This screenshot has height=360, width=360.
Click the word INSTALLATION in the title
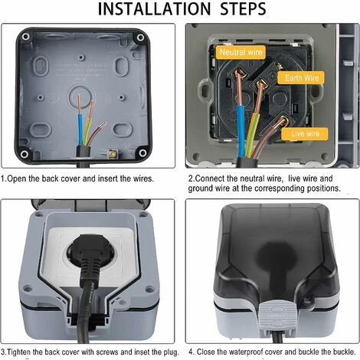pyautogui.click(x=154, y=9)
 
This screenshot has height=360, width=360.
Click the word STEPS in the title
pyautogui.click(x=243, y=9)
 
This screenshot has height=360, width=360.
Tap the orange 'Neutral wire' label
pyautogui.click(x=241, y=52)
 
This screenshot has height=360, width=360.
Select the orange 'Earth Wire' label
pyautogui.click(x=302, y=78)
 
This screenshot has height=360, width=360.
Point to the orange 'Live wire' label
pyautogui.click(x=305, y=134)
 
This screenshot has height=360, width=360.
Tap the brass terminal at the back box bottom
pyautogui.click(x=112, y=154)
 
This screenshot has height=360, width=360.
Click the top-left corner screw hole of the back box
pyautogui.click(x=25, y=37)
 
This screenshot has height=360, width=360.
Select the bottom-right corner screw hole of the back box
pyautogui.click(x=142, y=153)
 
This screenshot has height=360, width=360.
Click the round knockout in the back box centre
pyautogui.click(x=80, y=97)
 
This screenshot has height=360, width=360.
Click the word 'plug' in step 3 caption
pyautogui.click(x=171, y=352)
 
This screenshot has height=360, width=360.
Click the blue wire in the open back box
pyautogui.click(x=80, y=129)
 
